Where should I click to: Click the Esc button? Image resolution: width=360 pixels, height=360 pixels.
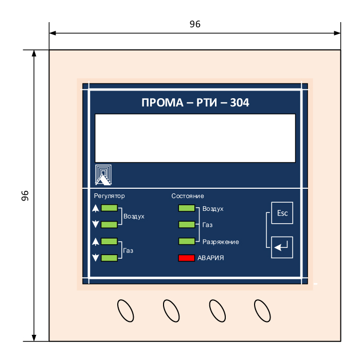[x=282, y=213]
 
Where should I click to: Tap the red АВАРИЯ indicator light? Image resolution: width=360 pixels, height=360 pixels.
[x=186, y=258]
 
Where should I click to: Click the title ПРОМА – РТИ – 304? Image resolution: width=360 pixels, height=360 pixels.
[x=195, y=102]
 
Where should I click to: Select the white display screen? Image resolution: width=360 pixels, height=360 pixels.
[x=195, y=138]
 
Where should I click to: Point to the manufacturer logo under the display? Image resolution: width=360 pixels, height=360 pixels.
[x=103, y=175]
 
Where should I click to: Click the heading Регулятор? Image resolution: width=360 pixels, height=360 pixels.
[x=109, y=196]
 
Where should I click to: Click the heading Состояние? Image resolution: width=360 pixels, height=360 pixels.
[x=188, y=196]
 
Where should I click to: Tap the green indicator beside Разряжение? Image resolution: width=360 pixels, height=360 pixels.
[x=186, y=241]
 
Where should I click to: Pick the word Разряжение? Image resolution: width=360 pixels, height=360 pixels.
[x=221, y=242]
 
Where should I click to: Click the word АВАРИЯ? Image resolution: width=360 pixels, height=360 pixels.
[x=210, y=258]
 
